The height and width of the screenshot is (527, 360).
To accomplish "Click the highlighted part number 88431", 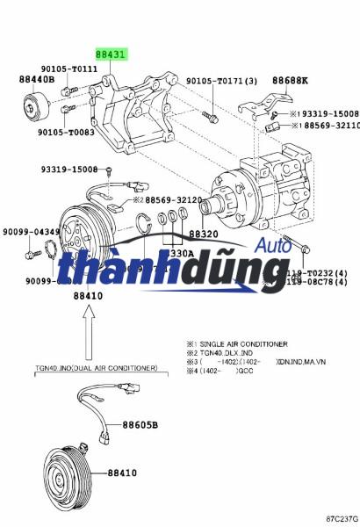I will click(x=111, y=54).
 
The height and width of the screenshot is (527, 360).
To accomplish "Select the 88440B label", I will click(x=37, y=79).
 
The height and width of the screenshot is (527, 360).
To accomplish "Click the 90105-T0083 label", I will click(x=65, y=132).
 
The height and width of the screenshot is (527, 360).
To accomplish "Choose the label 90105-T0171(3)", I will click(x=221, y=81).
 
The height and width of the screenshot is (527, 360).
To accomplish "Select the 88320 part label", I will click(x=203, y=235).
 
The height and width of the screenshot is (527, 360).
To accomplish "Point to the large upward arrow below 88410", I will click(x=87, y=334).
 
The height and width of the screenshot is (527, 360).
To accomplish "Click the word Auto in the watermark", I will click(x=273, y=248).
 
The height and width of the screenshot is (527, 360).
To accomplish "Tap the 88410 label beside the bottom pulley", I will click(x=122, y=473).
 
